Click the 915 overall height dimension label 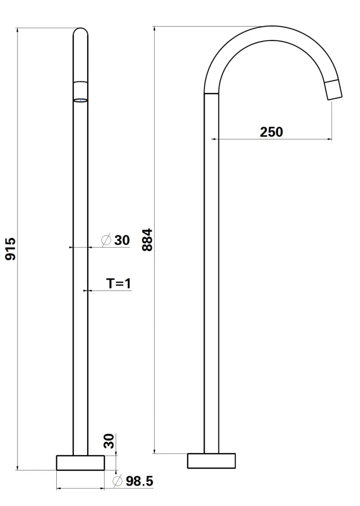[x=11, y=249]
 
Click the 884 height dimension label [x=147, y=240]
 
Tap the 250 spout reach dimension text [x=271, y=132]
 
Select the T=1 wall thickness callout [x=119, y=283]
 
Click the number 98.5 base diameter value [x=139, y=481]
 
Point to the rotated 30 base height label [x=109, y=441]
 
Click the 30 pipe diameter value [x=122, y=240]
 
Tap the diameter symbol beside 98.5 [x=118, y=481]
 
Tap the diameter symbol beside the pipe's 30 [x=106, y=240]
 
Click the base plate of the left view [x=81, y=463]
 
